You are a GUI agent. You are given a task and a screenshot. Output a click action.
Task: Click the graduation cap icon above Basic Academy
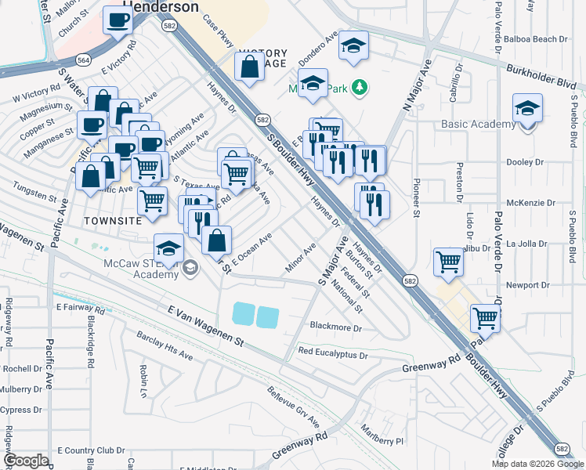[527, 109]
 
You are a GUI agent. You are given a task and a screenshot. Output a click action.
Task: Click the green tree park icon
[360, 87]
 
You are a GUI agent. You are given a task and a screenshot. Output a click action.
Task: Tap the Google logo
[27, 461]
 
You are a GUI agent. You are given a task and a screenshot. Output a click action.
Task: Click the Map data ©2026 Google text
[537, 464]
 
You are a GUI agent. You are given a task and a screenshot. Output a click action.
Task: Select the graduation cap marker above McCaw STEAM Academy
[168, 249]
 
